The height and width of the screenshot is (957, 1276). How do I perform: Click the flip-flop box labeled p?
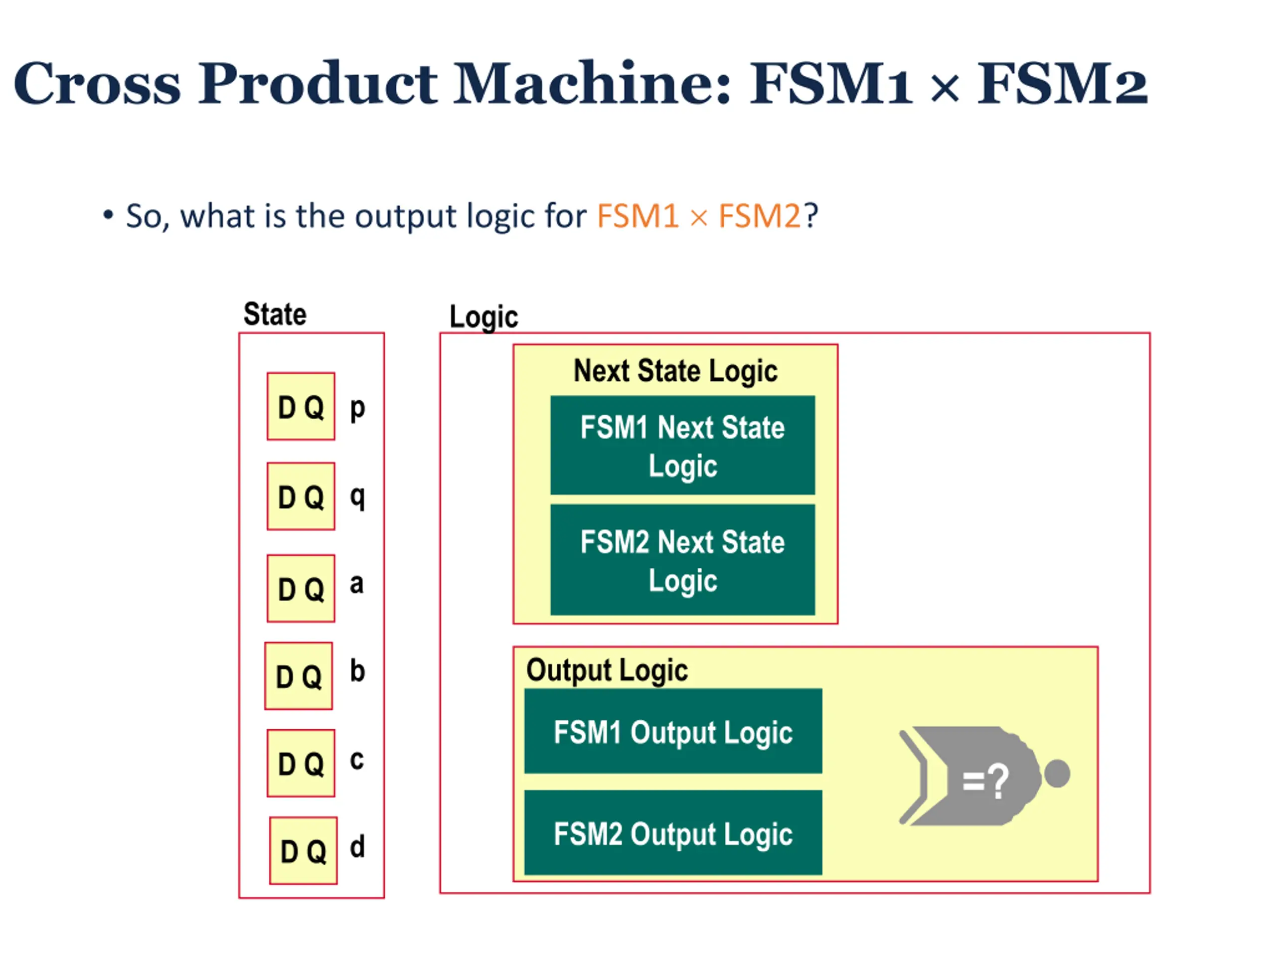click(301, 406)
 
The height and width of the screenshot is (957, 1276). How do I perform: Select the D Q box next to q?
click(301, 496)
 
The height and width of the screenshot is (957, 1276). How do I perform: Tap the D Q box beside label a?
click(301, 588)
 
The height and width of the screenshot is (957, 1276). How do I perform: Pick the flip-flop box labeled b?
click(298, 676)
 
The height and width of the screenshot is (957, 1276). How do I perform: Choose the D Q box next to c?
click(301, 763)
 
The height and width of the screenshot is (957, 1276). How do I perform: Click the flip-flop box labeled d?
click(303, 851)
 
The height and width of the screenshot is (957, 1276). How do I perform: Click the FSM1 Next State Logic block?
click(682, 445)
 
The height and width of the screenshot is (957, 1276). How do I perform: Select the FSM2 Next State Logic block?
click(682, 560)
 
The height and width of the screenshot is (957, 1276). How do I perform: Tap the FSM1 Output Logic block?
click(672, 731)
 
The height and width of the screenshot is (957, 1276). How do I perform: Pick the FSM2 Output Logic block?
click(672, 833)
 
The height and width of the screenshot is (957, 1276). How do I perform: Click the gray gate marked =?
click(975, 776)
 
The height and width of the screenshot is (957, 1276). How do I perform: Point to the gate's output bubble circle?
click(1057, 774)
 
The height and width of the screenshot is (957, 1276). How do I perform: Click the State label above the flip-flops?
click(275, 315)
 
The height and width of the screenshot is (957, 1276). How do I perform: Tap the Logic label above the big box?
click(483, 317)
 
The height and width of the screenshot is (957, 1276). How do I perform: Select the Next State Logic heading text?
click(675, 370)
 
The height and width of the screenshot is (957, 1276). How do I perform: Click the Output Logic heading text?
click(607, 670)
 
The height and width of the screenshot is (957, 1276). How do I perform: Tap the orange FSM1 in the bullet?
click(637, 216)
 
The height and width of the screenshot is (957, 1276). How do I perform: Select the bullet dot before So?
click(108, 215)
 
